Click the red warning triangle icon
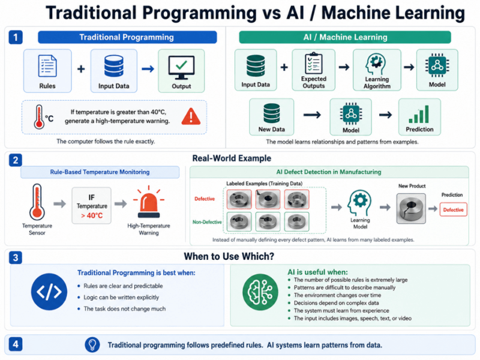(191, 116)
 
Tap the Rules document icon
(47, 65)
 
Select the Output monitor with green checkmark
(181, 67)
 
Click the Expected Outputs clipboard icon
(313, 63)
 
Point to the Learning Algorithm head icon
(376, 64)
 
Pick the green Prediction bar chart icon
(419, 114)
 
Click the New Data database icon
(272, 113)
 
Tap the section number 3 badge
(16, 257)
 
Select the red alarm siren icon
(149, 202)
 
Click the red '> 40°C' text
(92, 215)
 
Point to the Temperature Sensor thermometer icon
(37, 202)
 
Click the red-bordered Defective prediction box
(454, 209)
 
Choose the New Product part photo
(411, 208)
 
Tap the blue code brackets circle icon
(49, 292)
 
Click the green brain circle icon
(260, 292)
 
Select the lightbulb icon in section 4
(92, 344)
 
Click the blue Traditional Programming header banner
(127, 37)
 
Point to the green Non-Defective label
(207, 222)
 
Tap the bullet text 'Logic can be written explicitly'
(121, 297)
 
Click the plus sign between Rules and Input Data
(81, 69)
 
